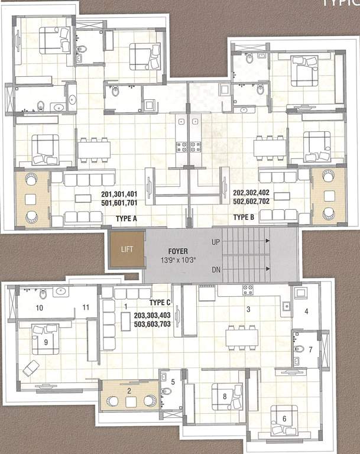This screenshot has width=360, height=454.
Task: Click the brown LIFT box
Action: (x=126, y=249)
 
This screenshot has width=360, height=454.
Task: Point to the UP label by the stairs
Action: (x=216, y=242)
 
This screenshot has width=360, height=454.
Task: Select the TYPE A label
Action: (x=127, y=218)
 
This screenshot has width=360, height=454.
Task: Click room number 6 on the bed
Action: (x=284, y=419)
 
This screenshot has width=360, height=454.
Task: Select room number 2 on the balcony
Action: (x=129, y=391)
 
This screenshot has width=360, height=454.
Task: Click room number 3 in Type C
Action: (x=248, y=309)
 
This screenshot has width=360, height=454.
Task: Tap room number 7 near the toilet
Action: (x=310, y=350)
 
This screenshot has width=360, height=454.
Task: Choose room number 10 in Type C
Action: (x=40, y=307)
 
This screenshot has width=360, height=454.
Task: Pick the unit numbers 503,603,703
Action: (x=152, y=324)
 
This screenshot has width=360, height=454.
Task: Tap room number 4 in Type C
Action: (x=306, y=311)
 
